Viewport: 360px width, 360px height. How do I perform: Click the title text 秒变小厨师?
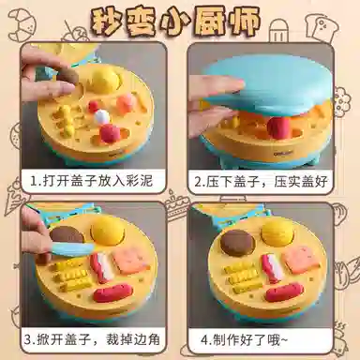[x=176, y=22]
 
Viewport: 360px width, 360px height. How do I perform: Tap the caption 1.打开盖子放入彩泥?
[x=91, y=181]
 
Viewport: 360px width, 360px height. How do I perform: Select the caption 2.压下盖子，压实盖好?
[x=261, y=181]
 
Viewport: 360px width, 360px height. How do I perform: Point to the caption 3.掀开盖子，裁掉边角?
[x=92, y=339]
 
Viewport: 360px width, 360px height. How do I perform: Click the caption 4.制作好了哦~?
[x=244, y=339]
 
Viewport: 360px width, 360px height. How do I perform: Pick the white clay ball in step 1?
[x=103, y=115]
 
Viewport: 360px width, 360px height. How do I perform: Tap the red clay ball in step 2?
[x=278, y=127]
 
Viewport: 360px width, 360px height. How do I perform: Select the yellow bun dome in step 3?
[x=108, y=231]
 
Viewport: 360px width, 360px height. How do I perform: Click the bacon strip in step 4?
[x=272, y=268]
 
